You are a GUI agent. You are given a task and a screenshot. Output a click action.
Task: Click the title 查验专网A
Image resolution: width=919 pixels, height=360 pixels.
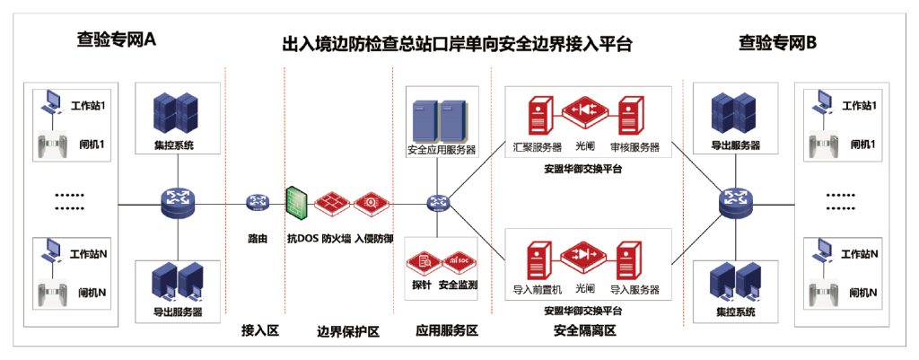(x=118, y=40)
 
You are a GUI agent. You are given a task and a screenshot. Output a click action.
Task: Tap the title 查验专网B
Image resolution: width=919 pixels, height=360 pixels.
(x=777, y=40)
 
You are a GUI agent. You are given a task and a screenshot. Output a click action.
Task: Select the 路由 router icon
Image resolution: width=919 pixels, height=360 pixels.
(x=258, y=206)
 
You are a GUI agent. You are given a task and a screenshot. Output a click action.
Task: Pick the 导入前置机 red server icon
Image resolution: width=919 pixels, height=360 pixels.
(x=538, y=259)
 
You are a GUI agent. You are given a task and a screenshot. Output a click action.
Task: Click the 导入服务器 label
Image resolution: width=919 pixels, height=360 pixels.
(x=635, y=290)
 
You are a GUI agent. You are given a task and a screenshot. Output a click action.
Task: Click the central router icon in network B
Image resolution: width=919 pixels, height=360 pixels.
(x=739, y=206)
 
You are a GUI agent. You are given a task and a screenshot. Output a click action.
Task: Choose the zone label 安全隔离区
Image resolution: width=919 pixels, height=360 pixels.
(x=584, y=331)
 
